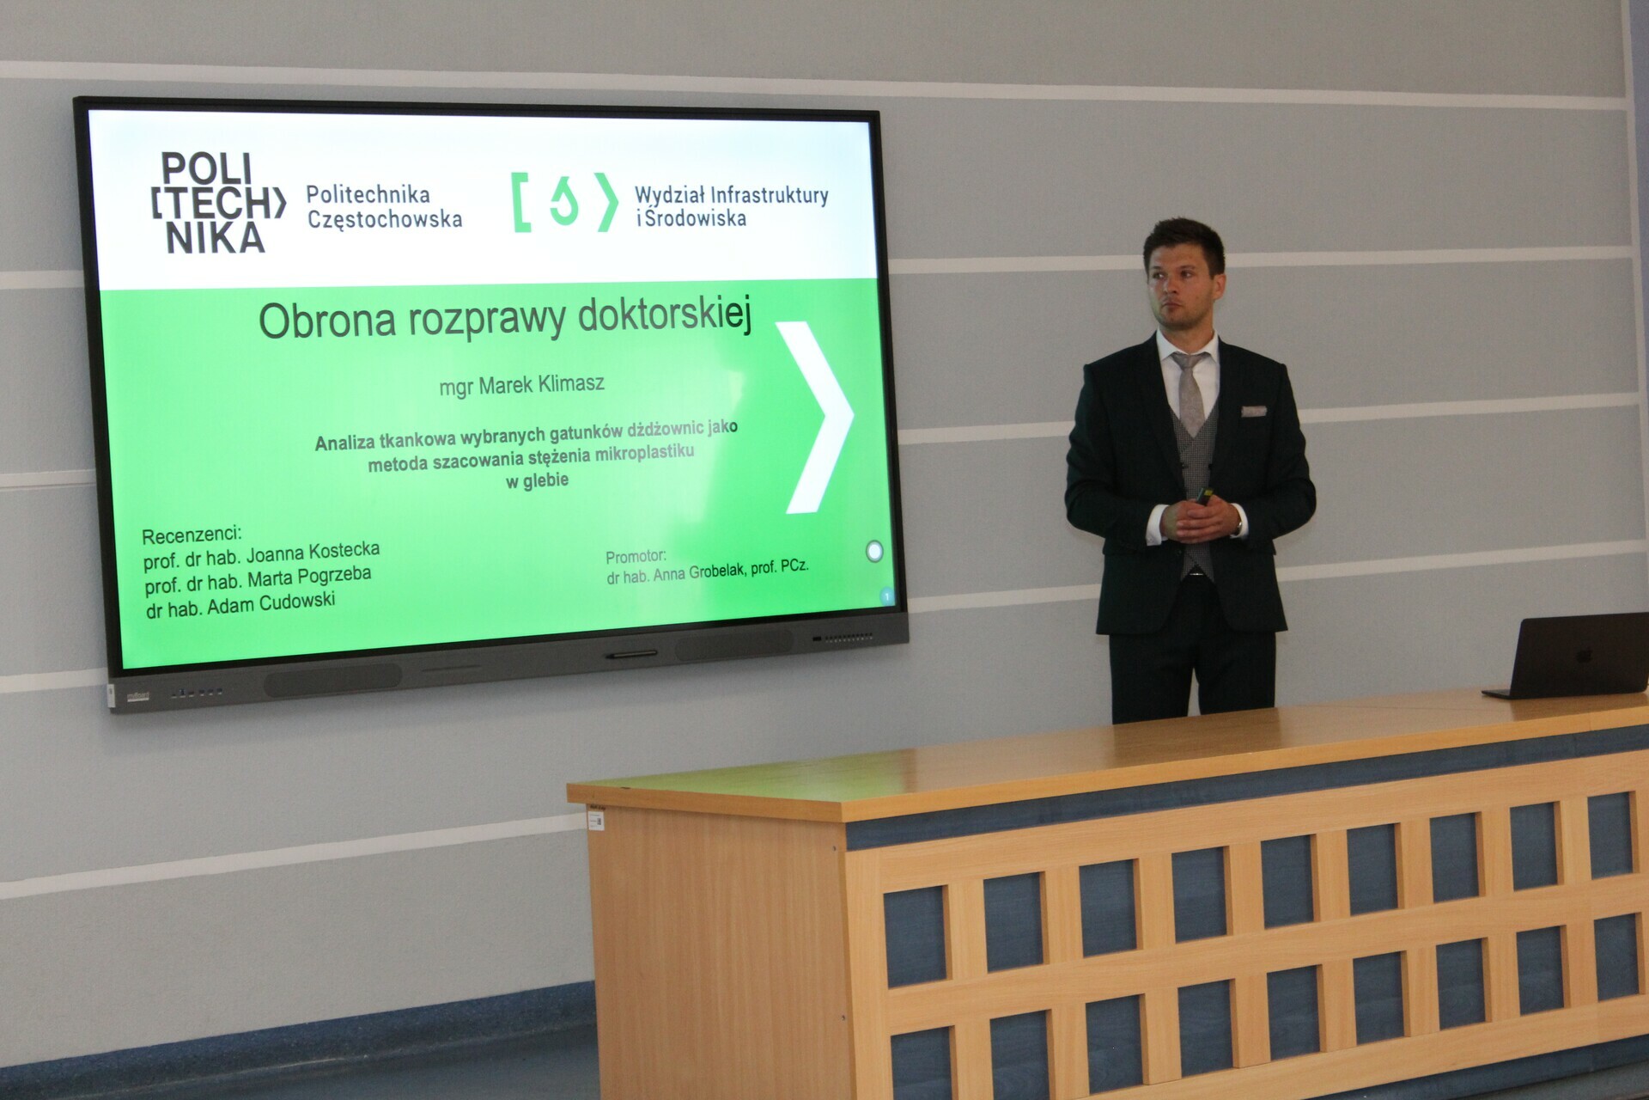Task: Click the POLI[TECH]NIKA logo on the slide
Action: (x=217, y=203)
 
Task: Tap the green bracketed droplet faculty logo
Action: (x=564, y=203)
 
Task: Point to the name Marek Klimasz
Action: (x=541, y=385)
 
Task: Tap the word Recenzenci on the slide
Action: (x=192, y=535)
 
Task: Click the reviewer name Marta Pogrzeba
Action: (x=309, y=577)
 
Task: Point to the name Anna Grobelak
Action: (x=699, y=572)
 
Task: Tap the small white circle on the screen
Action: (x=874, y=551)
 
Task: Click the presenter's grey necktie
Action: (x=1190, y=391)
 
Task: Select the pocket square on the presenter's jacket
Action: (x=1254, y=411)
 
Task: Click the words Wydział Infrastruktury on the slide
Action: (x=732, y=196)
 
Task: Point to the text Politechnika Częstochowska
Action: (x=385, y=207)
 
